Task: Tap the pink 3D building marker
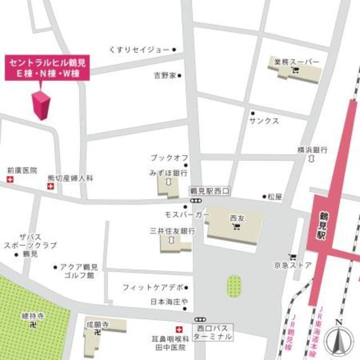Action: tap(42, 105)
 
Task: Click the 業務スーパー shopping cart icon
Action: tap(295, 70)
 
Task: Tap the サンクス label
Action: tap(264, 121)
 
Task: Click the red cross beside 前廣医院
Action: tap(8, 179)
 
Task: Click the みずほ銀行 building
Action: tap(168, 185)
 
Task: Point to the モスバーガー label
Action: tap(187, 215)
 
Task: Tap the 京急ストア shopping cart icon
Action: tap(292, 256)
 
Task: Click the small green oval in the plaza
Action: tap(233, 286)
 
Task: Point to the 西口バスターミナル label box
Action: tap(212, 332)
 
